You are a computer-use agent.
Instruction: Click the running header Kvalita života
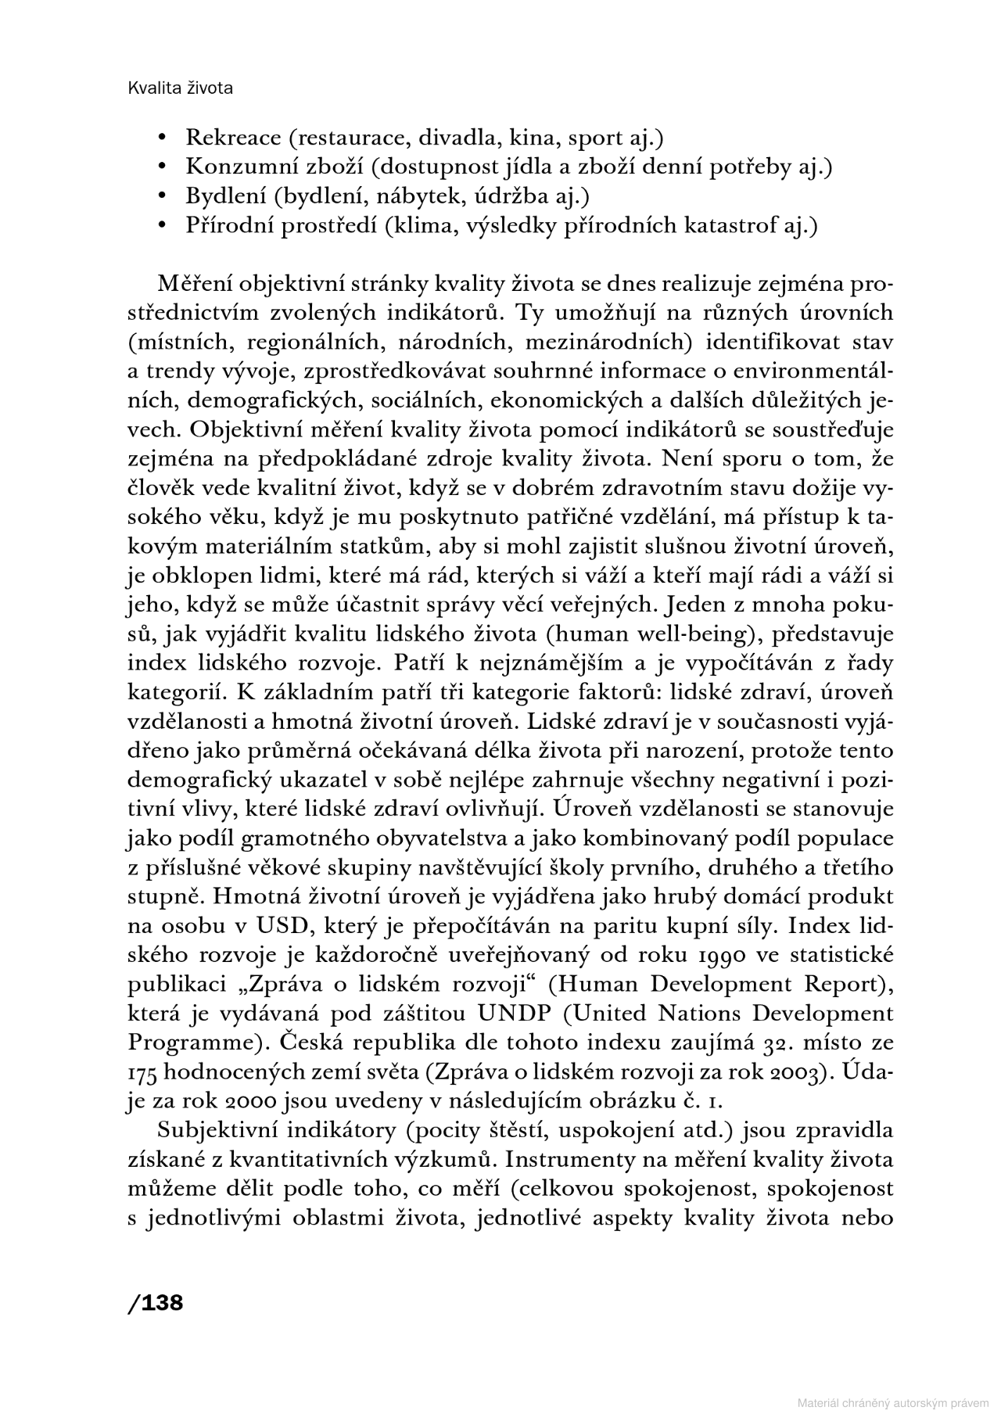tap(180, 88)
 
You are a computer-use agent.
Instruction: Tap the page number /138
tap(155, 1302)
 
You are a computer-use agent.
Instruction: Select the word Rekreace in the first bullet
tap(233, 138)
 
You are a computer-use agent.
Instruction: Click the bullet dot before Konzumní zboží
tap(163, 167)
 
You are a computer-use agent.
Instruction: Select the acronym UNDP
tap(516, 1014)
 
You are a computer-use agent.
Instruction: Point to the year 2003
tap(802, 1072)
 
